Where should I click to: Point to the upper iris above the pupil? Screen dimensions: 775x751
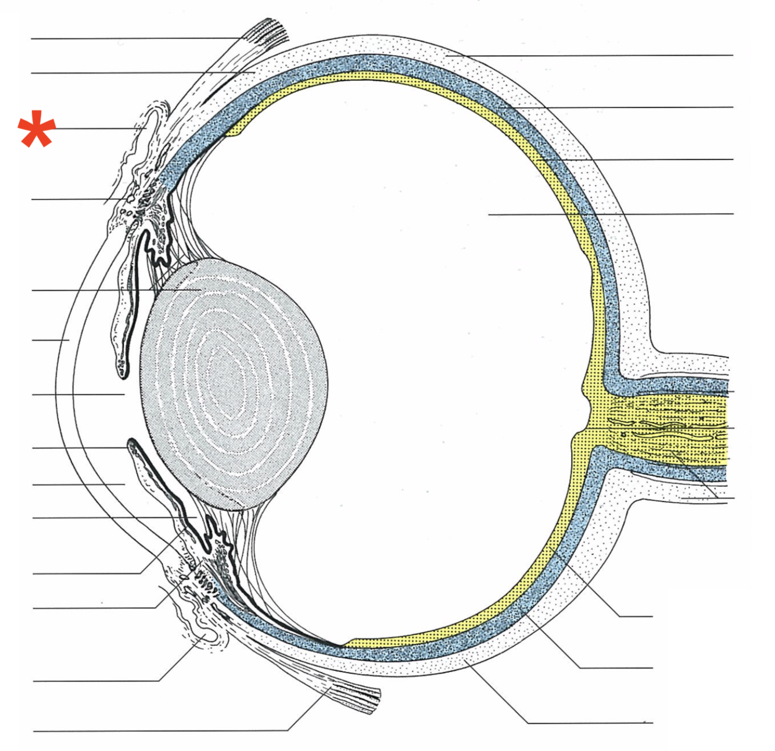[130, 302]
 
